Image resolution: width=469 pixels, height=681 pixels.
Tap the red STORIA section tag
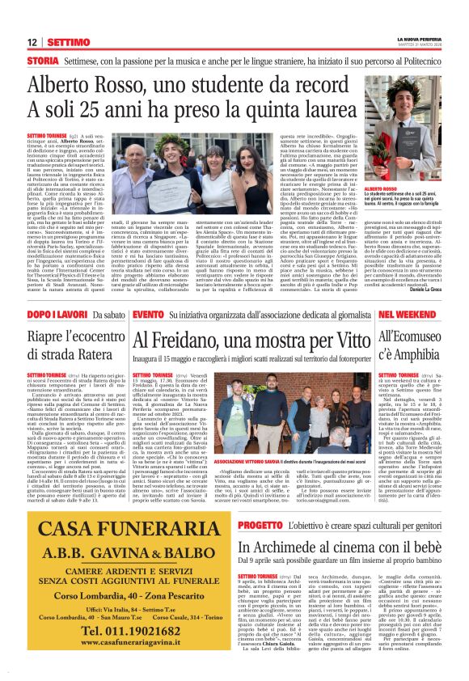[x=42, y=61]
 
